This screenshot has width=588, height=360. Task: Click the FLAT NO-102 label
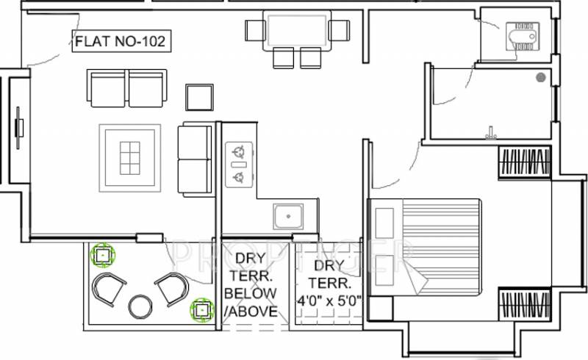point(121,42)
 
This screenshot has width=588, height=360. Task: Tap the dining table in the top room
point(298,31)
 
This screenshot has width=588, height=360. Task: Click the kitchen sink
point(287,216)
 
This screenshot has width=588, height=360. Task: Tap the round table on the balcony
point(140,306)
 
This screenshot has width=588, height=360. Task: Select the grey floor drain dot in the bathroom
point(541,76)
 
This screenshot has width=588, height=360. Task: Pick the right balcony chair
point(172,288)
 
